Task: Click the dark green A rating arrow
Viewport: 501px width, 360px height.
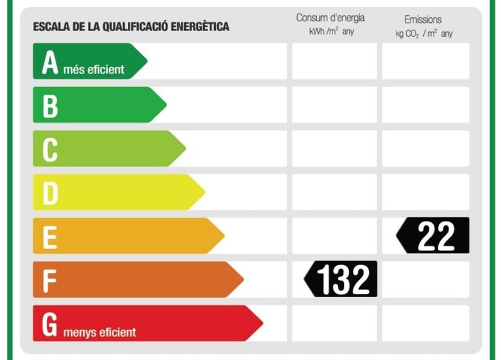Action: coord(89,61)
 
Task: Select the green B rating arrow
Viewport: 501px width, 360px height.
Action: coord(98,105)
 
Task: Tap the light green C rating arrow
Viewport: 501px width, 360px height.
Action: coord(108,148)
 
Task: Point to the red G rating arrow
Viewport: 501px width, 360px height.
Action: coord(147,323)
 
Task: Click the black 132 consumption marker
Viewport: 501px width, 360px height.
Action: coord(341,279)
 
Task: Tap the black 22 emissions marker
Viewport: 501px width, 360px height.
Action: coord(434,236)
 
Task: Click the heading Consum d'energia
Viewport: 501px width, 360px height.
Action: coord(330,18)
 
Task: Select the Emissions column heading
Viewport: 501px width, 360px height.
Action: coord(423,20)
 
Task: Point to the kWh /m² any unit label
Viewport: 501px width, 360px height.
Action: coord(331,32)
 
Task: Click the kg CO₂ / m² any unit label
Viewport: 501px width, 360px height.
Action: coord(424,34)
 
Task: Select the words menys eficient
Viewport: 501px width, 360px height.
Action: coord(99,332)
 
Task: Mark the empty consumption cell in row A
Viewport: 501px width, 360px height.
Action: coord(334,61)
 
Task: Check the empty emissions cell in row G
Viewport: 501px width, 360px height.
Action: coord(426,323)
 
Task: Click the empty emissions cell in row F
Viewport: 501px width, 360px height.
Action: coord(426,279)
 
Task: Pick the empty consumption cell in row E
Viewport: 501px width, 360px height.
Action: coord(334,235)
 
